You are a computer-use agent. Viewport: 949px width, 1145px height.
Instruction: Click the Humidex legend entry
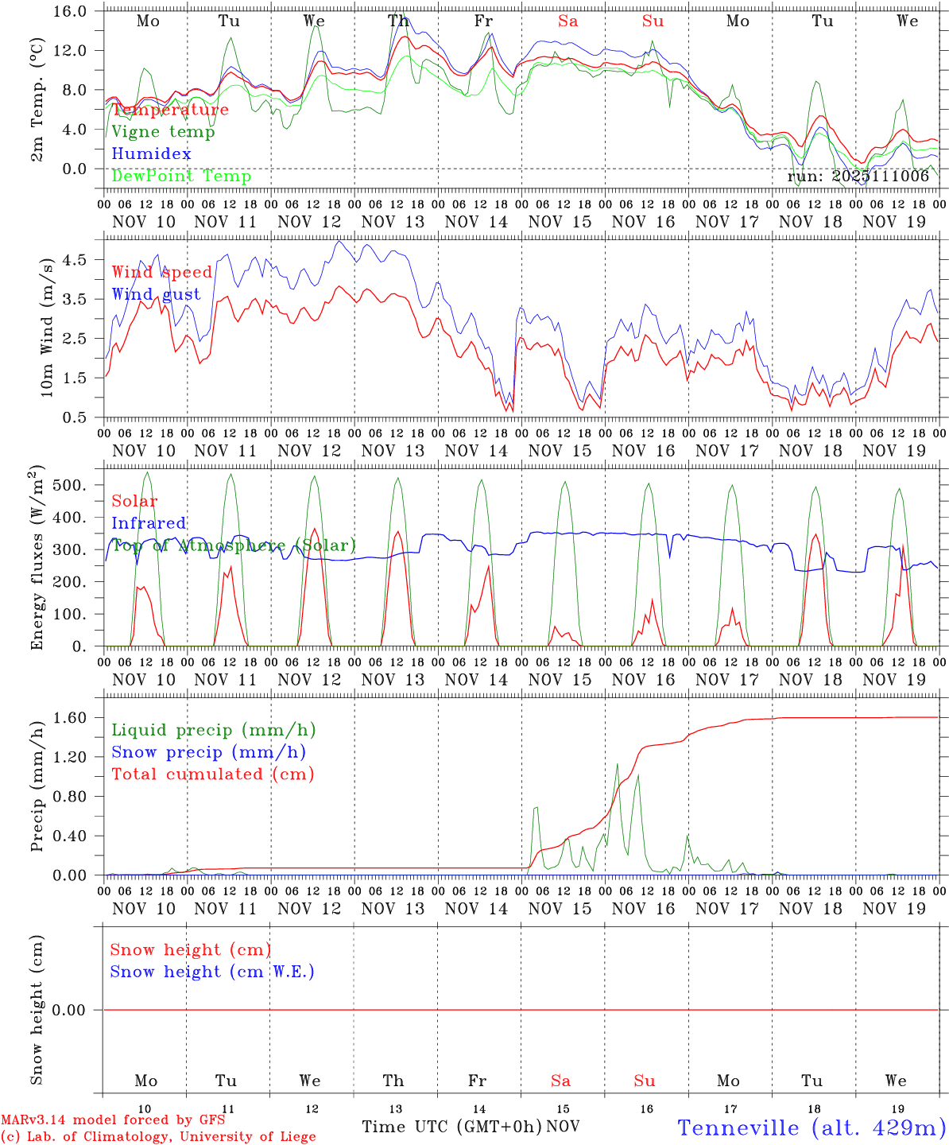[151, 153]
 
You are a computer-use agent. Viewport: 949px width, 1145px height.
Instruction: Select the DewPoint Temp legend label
[181, 176]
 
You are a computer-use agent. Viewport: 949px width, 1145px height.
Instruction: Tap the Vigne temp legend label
[163, 131]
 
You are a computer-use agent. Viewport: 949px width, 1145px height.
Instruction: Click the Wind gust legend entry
[156, 294]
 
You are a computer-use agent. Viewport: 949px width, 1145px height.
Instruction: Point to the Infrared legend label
[149, 523]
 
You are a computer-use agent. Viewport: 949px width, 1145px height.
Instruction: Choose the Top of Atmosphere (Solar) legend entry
[234, 545]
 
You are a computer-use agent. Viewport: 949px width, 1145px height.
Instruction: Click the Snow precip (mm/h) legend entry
[208, 752]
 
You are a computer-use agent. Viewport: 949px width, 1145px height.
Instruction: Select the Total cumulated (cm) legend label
[212, 774]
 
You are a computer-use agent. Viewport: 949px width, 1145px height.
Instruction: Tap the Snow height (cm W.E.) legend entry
[212, 972]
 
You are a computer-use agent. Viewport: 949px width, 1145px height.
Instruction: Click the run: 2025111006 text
[858, 177]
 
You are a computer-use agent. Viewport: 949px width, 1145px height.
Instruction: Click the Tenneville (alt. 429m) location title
[811, 1127]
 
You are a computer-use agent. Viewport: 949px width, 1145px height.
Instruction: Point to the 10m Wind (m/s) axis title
[47, 327]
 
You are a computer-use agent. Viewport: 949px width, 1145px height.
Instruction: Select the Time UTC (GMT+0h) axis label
[451, 1127]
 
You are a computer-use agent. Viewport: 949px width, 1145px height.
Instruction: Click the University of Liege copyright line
[158, 1136]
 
